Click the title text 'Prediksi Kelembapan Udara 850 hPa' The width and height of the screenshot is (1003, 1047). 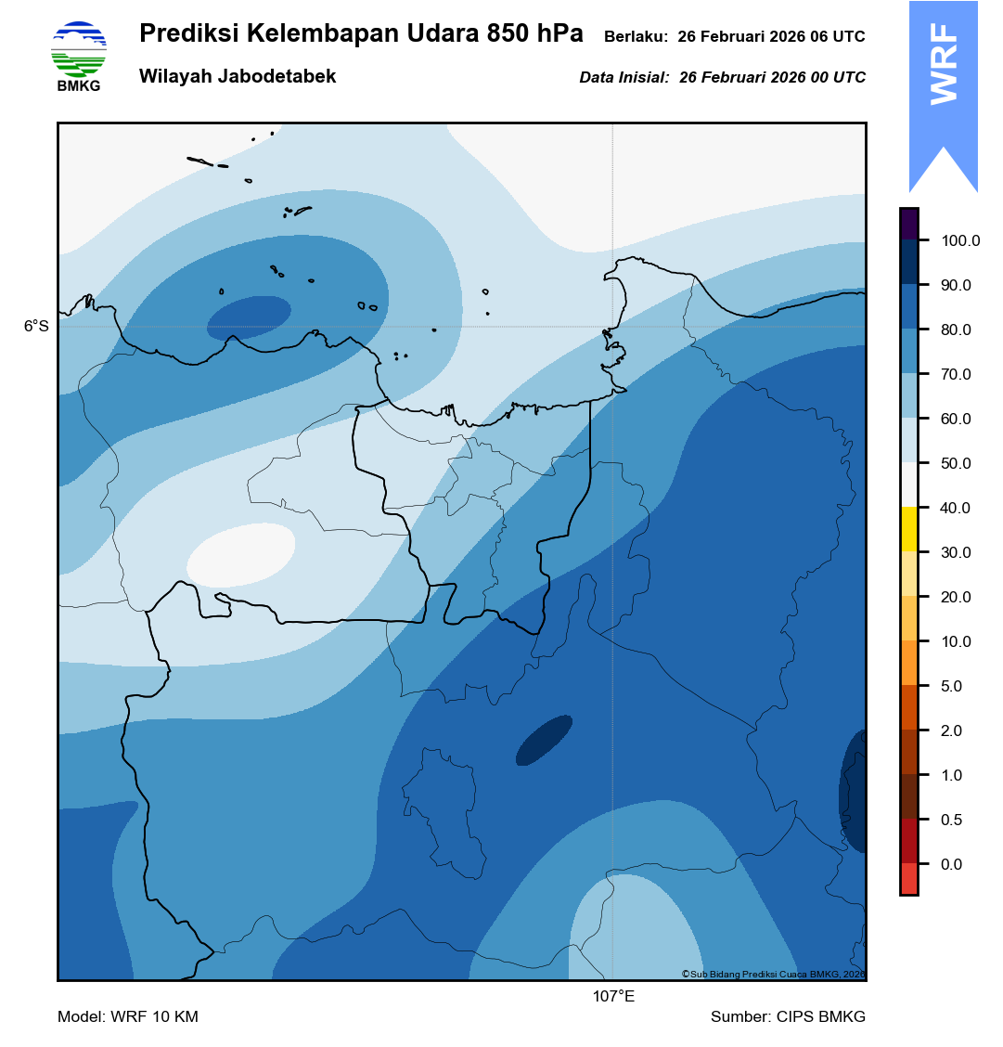pyautogui.click(x=361, y=34)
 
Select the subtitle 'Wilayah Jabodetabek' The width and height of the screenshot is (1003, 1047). pyautogui.click(x=238, y=77)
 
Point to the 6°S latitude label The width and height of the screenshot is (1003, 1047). pyautogui.click(x=36, y=327)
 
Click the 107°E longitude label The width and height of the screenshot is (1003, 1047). pyautogui.click(x=613, y=997)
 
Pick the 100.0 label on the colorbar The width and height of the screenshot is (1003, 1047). pyautogui.click(x=960, y=240)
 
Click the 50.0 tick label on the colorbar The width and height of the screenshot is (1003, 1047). pyautogui.click(x=956, y=463)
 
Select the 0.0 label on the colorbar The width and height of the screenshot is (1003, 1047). pyautogui.click(x=952, y=864)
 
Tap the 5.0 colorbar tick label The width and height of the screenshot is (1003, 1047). pyautogui.click(x=952, y=686)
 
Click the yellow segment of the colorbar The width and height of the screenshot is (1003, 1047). pyautogui.click(x=908, y=529)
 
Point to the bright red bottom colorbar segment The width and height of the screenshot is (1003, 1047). pyautogui.click(x=908, y=878)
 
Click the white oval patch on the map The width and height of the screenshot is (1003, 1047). pyautogui.click(x=241, y=554)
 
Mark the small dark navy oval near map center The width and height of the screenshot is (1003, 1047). pyautogui.click(x=544, y=740)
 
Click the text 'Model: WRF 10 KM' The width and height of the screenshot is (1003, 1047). pyautogui.click(x=128, y=1017)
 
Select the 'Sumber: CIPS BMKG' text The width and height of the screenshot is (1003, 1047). pyautogui.click(x=788, y=1017)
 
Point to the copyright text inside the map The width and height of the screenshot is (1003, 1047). pyautogui.click(x=772, y=974)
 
